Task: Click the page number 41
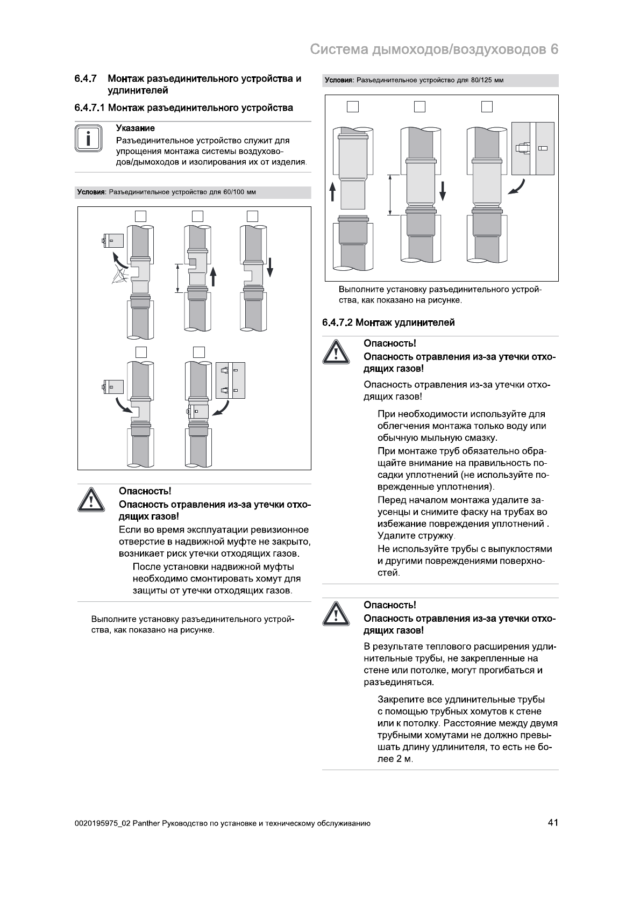(x=552, y=823)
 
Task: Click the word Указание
(x=136, y=128)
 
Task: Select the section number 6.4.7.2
(x=337, y=322)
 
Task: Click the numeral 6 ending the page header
(x=554, y=49)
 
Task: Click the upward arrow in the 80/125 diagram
(x=332, y=191)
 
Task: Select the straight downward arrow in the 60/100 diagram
(x=270, y=266)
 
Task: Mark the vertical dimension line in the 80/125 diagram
(x=389, y=194)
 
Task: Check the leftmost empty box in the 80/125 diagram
(x=352, y=106)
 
